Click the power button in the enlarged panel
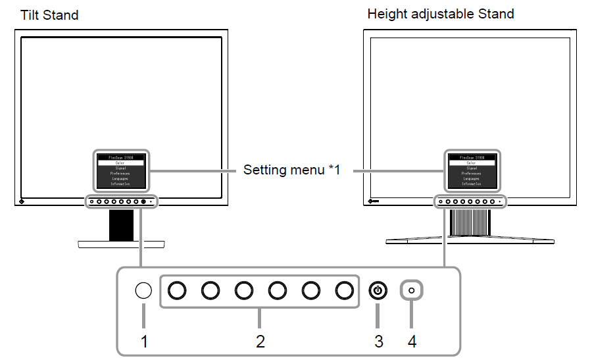pos(378,290)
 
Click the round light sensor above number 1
pos(143,290)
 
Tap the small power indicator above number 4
pos(412,290)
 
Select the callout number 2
pos(260,342)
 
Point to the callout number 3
pos(378,342)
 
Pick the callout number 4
pos(412,342)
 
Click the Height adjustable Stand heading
pos(441,13)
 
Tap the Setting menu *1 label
pos(291,170)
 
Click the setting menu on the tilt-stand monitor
pos(120,171)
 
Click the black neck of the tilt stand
pos(122,225)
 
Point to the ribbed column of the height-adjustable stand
pos(470,222)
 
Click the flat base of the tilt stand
pos(122,244)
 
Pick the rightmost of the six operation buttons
pos(344,290)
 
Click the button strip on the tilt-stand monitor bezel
pos(121,201)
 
